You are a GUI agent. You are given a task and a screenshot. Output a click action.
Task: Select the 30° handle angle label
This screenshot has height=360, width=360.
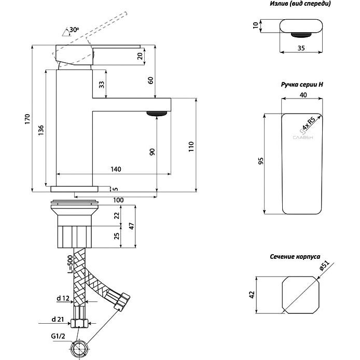point(73,30)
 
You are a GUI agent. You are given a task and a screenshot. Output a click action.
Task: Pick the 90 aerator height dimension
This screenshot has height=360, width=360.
point(152,151)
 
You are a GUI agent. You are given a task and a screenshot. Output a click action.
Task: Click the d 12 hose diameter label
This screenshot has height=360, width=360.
point(63,298)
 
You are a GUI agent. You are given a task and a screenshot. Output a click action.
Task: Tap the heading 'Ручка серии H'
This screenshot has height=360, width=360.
point(302,84)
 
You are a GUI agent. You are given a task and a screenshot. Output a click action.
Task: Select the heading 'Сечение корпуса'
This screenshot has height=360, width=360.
point(295,257)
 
